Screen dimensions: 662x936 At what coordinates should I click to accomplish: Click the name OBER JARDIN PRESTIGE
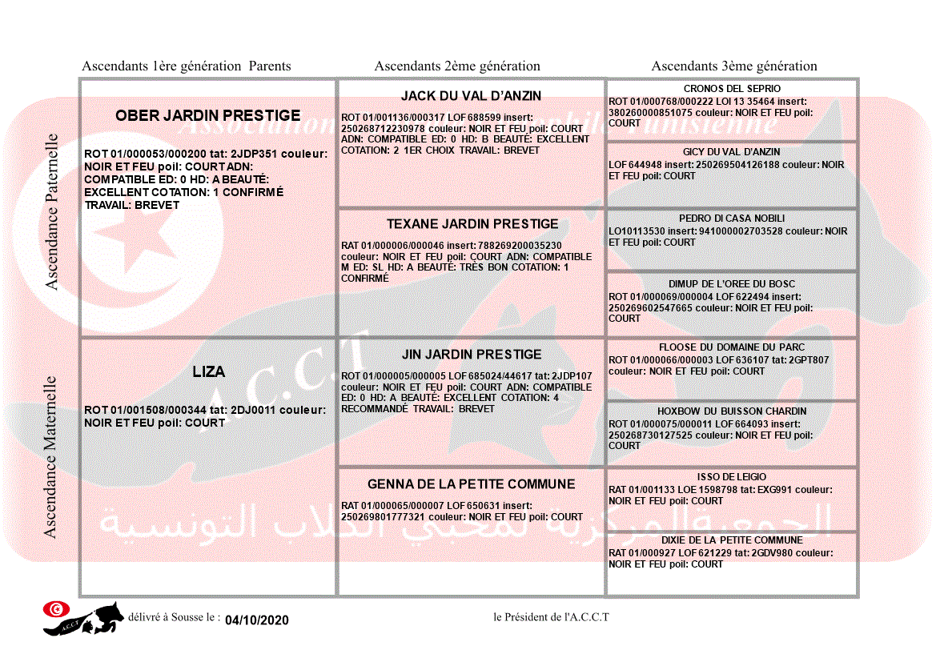(207, 115)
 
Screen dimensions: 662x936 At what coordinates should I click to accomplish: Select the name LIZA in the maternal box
(208, 371)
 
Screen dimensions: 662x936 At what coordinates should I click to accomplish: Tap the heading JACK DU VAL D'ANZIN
(471, 96)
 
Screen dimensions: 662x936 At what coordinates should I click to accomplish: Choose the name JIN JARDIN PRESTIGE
(472, 354)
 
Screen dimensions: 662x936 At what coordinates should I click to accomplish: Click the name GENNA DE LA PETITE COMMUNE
(471, 484)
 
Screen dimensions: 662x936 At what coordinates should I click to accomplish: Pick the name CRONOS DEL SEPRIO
(732, 89)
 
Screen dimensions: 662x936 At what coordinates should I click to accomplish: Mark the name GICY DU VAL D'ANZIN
(731, 152)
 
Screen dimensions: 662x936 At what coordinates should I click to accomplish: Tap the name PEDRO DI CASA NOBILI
(732, 219)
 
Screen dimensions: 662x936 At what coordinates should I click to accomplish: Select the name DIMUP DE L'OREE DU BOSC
(732, 284)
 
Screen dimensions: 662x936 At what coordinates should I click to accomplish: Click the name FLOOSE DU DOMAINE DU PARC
(732, 348)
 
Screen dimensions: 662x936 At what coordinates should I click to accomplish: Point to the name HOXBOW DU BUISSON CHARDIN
(732, 411)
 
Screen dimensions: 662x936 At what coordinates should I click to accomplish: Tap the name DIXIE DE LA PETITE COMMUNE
(732, 540)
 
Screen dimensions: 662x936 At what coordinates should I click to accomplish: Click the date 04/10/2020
(256, 620)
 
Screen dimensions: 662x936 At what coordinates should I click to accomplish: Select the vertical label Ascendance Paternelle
(52, 212)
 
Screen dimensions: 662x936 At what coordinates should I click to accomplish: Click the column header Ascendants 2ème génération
(457, 66)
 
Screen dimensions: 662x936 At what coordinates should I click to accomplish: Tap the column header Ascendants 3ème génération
(734, 66)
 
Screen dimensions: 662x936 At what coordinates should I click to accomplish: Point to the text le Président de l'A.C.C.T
(552, 617)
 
